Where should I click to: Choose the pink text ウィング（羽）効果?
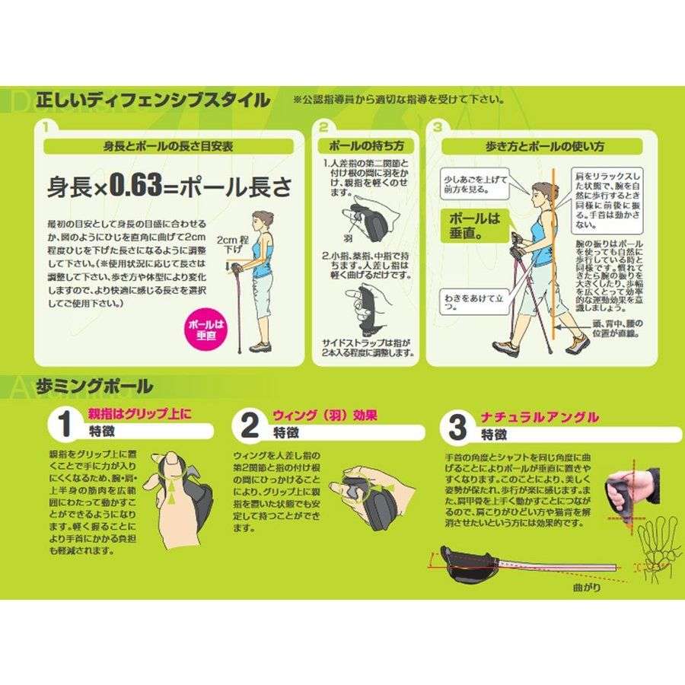326,416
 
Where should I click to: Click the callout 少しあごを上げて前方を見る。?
476,183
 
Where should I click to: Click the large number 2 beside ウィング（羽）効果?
250,427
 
